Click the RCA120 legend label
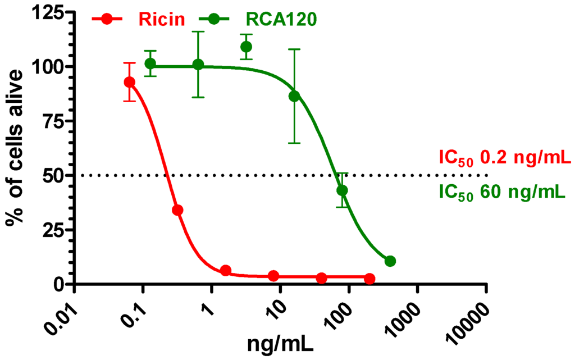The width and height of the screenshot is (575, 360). (x=281, y=19)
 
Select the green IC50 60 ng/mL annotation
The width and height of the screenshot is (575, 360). (x=501, y=193)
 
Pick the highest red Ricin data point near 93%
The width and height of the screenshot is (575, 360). (x=130, y=82)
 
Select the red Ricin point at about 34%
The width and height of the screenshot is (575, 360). (x=177, y=210)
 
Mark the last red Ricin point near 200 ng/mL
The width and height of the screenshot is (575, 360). (x=369, y=279)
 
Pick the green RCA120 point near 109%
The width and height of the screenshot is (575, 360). (x=246, y=46)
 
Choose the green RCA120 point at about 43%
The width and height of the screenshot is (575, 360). (x=342, y=190)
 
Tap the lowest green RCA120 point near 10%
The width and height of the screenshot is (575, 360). (x=390, y=261)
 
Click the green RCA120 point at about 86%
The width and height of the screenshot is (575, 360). (x=294, y=96)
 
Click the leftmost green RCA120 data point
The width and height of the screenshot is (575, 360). (x=150, y=63)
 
